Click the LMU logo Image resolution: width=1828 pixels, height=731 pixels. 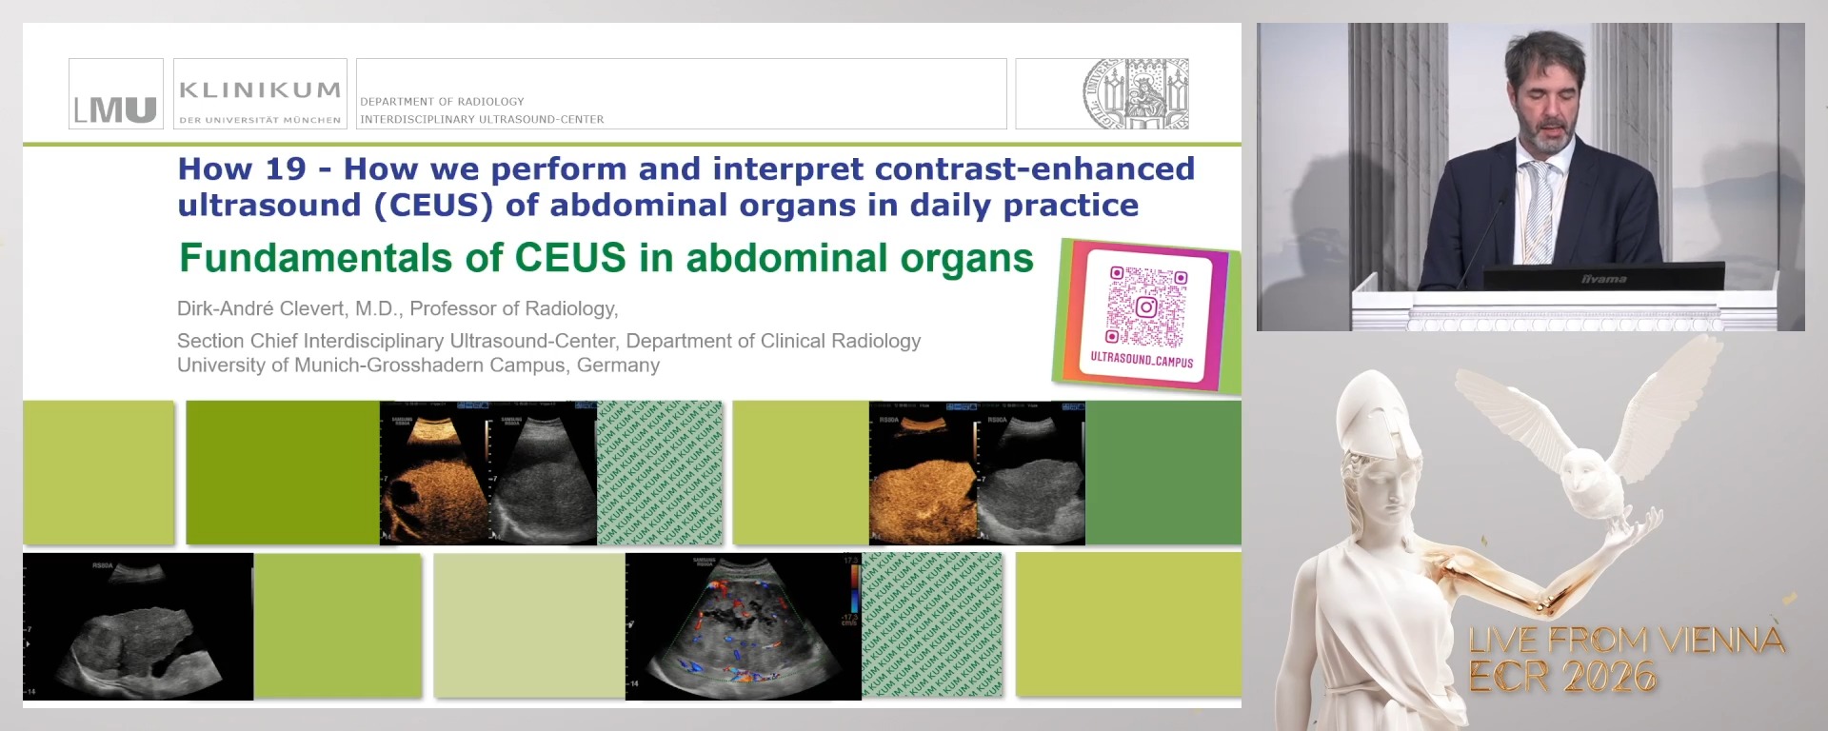tap(115, 94)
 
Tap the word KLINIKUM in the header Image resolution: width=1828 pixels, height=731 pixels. tap(259, 90)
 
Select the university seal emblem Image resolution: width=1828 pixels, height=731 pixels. tap(1136, 93)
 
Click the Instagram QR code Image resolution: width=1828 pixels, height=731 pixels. tap(1146, 306)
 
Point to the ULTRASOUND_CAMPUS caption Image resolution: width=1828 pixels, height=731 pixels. tap(1142, 361)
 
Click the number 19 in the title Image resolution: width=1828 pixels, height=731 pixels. tap(286, 169)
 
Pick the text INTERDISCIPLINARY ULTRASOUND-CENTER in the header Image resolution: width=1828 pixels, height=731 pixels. tap(482, 119)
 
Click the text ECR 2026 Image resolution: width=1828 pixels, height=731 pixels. tap(1561, 677)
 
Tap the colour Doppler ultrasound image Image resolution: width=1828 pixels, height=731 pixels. tap(743, 626)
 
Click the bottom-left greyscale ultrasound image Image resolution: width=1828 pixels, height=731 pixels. tap(138, 626)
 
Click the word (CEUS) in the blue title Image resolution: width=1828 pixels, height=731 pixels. tap(434, 206)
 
